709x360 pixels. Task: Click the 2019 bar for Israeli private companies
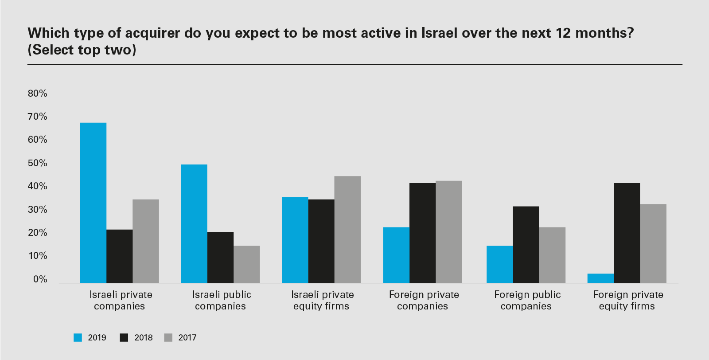click(x=93, y=203)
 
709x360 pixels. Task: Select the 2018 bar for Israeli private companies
click(x=119, y=256)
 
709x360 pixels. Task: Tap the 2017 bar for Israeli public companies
click(x=246, y=264)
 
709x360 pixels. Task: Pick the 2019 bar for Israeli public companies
click(x=194, y=223)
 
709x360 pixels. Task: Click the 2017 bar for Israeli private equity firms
click(x=347, y=229)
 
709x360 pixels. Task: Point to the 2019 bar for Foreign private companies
click(x=396, y=255)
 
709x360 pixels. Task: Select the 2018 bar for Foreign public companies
click(x=526, y=244)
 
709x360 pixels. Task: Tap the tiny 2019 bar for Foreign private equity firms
click(x=600, y=278)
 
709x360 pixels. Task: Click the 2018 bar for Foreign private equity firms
click(x=627, y=233)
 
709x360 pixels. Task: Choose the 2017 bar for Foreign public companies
click(x=552, y=255)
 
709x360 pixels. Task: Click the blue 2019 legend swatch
click(x=78, y=338)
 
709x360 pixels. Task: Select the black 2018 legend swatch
click(x=124, y=338)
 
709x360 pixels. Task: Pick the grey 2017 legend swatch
click(x=168, y=338)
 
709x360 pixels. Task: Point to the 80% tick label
click(x=37, y=94)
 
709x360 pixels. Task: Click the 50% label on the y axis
click(x=37, y=163)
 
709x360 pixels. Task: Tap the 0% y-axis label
click(x=40, y=279)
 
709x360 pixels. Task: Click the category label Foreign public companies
click(x=527, y=300)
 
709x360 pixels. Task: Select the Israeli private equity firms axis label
click(x=322, y=300)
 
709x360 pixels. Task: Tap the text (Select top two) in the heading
click(x=82, y=50)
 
